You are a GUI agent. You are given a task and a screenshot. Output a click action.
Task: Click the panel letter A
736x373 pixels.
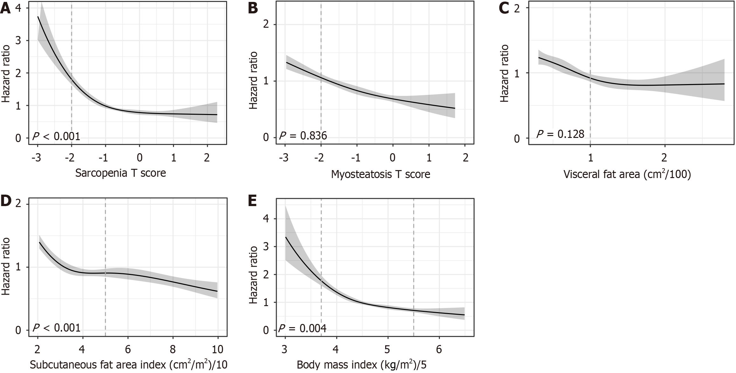(x=6, y=9)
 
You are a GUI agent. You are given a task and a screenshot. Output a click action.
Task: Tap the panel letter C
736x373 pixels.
(x=504, y=9)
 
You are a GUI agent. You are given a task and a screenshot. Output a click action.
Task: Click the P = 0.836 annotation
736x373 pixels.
(x=303, y=136)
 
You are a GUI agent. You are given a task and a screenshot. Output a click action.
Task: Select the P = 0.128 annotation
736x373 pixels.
(x=560, y=134)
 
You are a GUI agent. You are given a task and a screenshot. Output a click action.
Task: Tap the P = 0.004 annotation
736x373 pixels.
(x=302, y=328)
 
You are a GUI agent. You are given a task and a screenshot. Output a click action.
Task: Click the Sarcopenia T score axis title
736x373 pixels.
(x=121, y=173)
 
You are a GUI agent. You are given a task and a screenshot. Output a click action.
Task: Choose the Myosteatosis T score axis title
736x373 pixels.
(x=380, y=174)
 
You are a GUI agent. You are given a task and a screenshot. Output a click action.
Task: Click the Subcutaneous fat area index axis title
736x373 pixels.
(x=128, y=365)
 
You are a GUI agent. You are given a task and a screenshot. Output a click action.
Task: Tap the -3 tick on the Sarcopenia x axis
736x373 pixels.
(x=37, y=158)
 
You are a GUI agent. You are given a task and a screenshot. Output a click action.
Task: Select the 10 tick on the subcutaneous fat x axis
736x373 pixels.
(x=218, y=349)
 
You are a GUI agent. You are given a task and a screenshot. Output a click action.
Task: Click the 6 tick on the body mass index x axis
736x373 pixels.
(x=439, y=349)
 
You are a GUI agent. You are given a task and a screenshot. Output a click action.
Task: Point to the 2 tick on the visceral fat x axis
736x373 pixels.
(x=664, y=158)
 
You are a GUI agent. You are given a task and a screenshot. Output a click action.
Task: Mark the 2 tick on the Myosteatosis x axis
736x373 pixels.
(x=465, y=158)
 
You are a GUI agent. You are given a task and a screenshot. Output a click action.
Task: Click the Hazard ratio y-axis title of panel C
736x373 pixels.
(x=504, y=73)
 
